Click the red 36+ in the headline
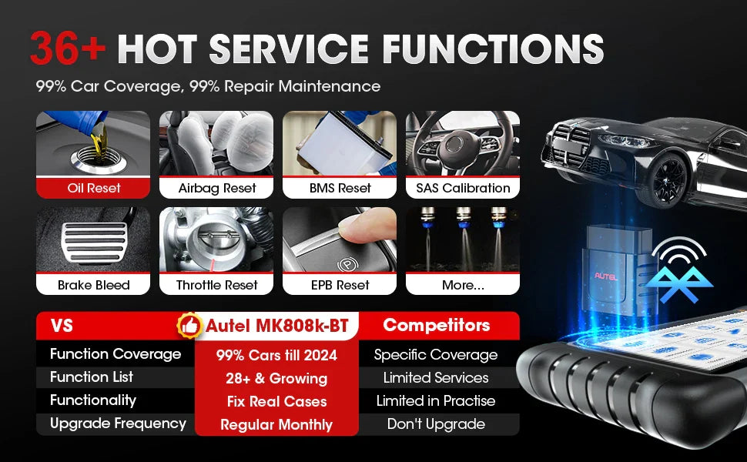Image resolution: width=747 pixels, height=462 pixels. click(68, 48)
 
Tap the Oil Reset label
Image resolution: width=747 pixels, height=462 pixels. click(94, 188)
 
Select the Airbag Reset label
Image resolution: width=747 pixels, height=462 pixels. click(217, 188)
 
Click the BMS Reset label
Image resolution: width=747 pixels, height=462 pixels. click(340, 188)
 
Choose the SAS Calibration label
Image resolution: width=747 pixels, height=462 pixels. click(463, 188)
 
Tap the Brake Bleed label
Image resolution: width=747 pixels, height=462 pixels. click(93, 285)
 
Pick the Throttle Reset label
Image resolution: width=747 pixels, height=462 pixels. click(216, 285)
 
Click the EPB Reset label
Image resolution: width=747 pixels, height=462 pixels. click(340, 285)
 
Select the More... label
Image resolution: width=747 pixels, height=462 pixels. click(463, 285)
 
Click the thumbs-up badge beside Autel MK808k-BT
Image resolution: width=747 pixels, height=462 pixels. click(189, 326)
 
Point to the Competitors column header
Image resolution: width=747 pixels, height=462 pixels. click(437, 325)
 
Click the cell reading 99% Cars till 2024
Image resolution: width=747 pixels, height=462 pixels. click(276, 355)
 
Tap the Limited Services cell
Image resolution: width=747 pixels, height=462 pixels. click(436, 378)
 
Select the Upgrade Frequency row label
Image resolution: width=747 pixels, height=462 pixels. click(118, 423)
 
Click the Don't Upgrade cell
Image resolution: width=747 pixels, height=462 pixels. click(436, 424)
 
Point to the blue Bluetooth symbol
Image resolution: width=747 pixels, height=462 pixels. click(679, 284)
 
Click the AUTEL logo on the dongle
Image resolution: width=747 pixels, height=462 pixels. click(605, 276)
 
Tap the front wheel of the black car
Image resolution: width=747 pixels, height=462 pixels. click(665, 180)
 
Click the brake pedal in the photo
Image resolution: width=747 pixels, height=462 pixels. click(95, 242)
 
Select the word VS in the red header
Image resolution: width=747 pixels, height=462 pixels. click(62, 326)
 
